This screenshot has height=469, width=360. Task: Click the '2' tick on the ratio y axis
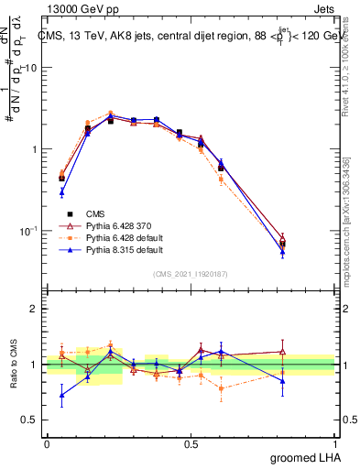[x=35, y=310]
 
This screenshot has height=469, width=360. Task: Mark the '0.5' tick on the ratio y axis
[x=31, y=420]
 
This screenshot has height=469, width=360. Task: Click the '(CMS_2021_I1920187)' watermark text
[x=191, y=272]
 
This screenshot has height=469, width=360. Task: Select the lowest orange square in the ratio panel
[x=221, y=388]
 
